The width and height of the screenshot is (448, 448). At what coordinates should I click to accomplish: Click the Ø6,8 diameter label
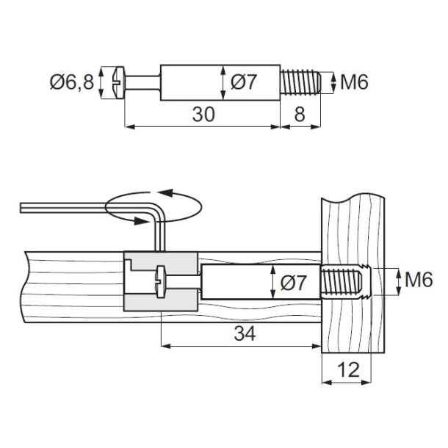73,82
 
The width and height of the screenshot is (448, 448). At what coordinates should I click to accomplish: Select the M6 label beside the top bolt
353,82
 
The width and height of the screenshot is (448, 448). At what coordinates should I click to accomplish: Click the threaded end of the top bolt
300,82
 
